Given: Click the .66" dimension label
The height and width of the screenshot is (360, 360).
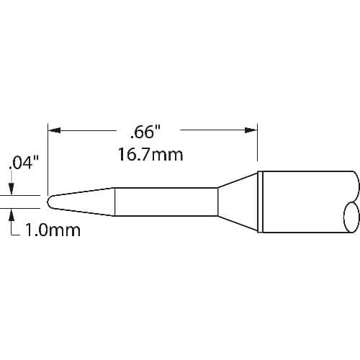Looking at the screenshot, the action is [x=145, y=132].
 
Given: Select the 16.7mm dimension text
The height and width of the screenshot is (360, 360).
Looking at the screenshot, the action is [x=150, y=155].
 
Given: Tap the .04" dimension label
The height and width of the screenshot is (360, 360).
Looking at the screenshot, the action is [x=24, y=163].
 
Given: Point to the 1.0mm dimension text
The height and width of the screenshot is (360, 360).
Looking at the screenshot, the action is [x=53, y=230].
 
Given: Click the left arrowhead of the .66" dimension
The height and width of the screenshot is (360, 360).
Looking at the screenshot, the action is [x=54, y=130].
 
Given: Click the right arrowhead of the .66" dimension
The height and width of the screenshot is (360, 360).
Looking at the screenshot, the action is [x=251, y=130].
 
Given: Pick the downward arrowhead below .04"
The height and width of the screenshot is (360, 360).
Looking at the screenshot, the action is [x=12, y=189].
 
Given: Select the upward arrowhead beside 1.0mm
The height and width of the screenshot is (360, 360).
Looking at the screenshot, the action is [x=12, y=215].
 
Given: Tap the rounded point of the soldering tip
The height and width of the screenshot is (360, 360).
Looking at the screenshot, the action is [x=49, y=202].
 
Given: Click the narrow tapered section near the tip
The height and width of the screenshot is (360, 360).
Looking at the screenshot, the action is [x=81, y=202].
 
